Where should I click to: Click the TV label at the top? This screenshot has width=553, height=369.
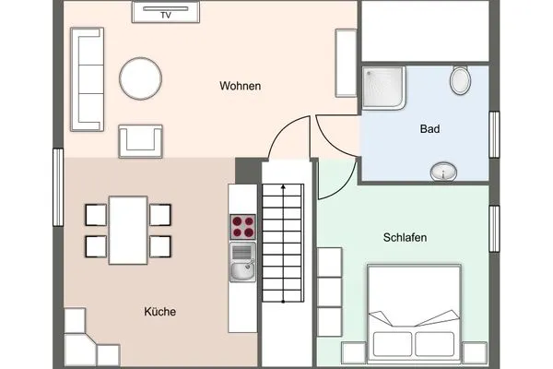pyautogui.click(x=167, y=15)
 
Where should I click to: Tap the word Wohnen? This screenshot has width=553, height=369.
pyautogui.click(x=240, y=87)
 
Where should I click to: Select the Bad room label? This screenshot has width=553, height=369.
pyautogui.click(x=429, y=130)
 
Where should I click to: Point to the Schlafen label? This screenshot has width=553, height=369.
pyautogui.click(x=405, y=237)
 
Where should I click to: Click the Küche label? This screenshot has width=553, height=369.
pyautogui.click(x=159, y=312)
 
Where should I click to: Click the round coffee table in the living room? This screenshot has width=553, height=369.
pyautogui.click(x=142, y=79)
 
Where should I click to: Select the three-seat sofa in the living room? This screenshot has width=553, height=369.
pyautogui.click(x=88, y=79)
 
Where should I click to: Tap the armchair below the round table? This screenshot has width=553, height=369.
pyautogui.click(x=141, y=140)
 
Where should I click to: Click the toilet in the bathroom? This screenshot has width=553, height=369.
pyautogui.click(x=460, y=80)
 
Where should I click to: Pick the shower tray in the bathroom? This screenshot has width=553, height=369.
pyautogui.click(x=384, y=89)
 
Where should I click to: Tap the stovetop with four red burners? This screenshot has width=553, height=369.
pyautogui.click(x=242, y=227)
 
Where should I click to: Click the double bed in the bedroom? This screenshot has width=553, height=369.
pyautogui.click(x=413, y=310)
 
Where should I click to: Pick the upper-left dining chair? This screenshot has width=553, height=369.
pyautogui.click(x=97, y=214)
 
